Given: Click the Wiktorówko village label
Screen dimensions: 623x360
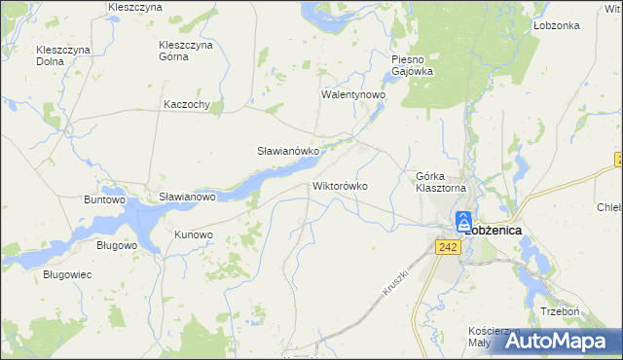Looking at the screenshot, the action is (340, 186).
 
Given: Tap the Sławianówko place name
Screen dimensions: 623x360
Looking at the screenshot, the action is (288, 152).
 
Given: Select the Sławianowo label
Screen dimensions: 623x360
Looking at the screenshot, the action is (187, 197).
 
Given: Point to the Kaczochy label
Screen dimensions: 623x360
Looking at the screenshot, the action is (188, 105).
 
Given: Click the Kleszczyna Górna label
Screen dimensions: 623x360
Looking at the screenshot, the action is (185, 51).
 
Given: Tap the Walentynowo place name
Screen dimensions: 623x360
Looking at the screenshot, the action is (354, 95).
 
